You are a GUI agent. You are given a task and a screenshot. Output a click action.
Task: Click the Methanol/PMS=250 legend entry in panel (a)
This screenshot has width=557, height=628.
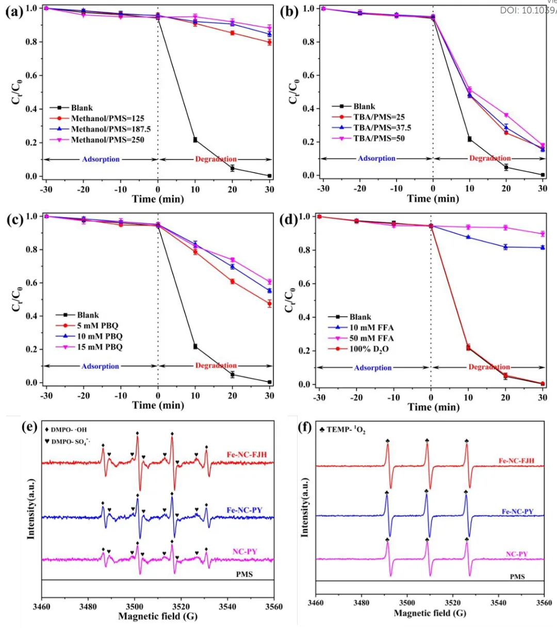coord(107,140)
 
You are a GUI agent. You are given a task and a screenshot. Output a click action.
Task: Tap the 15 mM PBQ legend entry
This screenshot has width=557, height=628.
coord(100,347)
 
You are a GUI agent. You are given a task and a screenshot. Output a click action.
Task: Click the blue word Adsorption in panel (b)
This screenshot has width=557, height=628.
coord(376,158)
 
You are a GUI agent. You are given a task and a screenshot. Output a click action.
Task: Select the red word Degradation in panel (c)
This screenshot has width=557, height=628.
coord(216,366)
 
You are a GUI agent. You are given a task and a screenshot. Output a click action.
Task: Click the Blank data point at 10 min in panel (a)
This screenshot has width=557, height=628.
coord(195,140)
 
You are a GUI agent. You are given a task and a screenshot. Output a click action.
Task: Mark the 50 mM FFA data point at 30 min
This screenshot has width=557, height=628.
coord(542,234)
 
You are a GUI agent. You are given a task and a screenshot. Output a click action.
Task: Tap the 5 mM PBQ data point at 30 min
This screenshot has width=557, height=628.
coord(269,304)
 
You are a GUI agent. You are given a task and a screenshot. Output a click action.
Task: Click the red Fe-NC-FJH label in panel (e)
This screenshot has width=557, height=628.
coord(247,455)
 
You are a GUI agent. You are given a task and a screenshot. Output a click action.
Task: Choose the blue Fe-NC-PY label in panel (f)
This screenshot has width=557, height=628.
coord(517,511)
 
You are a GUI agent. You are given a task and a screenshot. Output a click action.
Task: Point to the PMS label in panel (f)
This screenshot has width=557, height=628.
coord(517,576)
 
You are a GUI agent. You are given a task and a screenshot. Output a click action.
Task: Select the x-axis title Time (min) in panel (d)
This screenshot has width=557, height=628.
coord(433,407)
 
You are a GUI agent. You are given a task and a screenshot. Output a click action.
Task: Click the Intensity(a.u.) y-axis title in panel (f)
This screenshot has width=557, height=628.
coord(304,508)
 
